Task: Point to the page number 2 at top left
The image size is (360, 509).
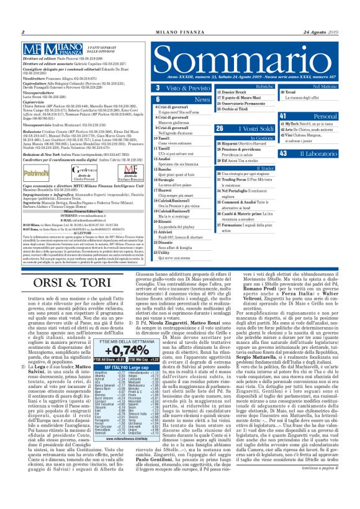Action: pyautogui.click(x=22, y=32)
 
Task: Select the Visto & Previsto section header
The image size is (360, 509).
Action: pyautogui.click(x=184, y=89)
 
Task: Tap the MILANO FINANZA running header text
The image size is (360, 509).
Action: pyautogui.click(x=180, y=32)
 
